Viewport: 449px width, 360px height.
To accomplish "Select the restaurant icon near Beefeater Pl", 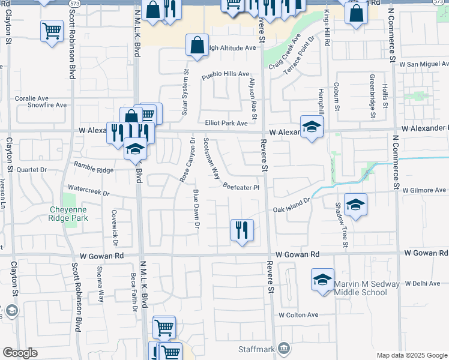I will [x=242, y=230].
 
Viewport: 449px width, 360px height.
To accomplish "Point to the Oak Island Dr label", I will [x=291, y=206].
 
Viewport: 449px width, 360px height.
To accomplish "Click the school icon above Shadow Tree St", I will [x=355, y=205].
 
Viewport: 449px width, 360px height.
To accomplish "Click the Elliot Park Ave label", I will [x=226, y=123].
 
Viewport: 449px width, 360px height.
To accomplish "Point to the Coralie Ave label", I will [x=32, y=98].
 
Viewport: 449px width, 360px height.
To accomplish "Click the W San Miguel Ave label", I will [x=424, y=64].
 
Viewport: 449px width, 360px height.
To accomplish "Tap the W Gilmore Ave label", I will [x=425, y=190].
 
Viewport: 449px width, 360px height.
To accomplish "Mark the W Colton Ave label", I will [x=298, y=315].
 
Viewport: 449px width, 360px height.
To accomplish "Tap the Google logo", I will [x=20, y=353].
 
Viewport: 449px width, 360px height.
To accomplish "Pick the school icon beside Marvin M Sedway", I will [x=323, y=280].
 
